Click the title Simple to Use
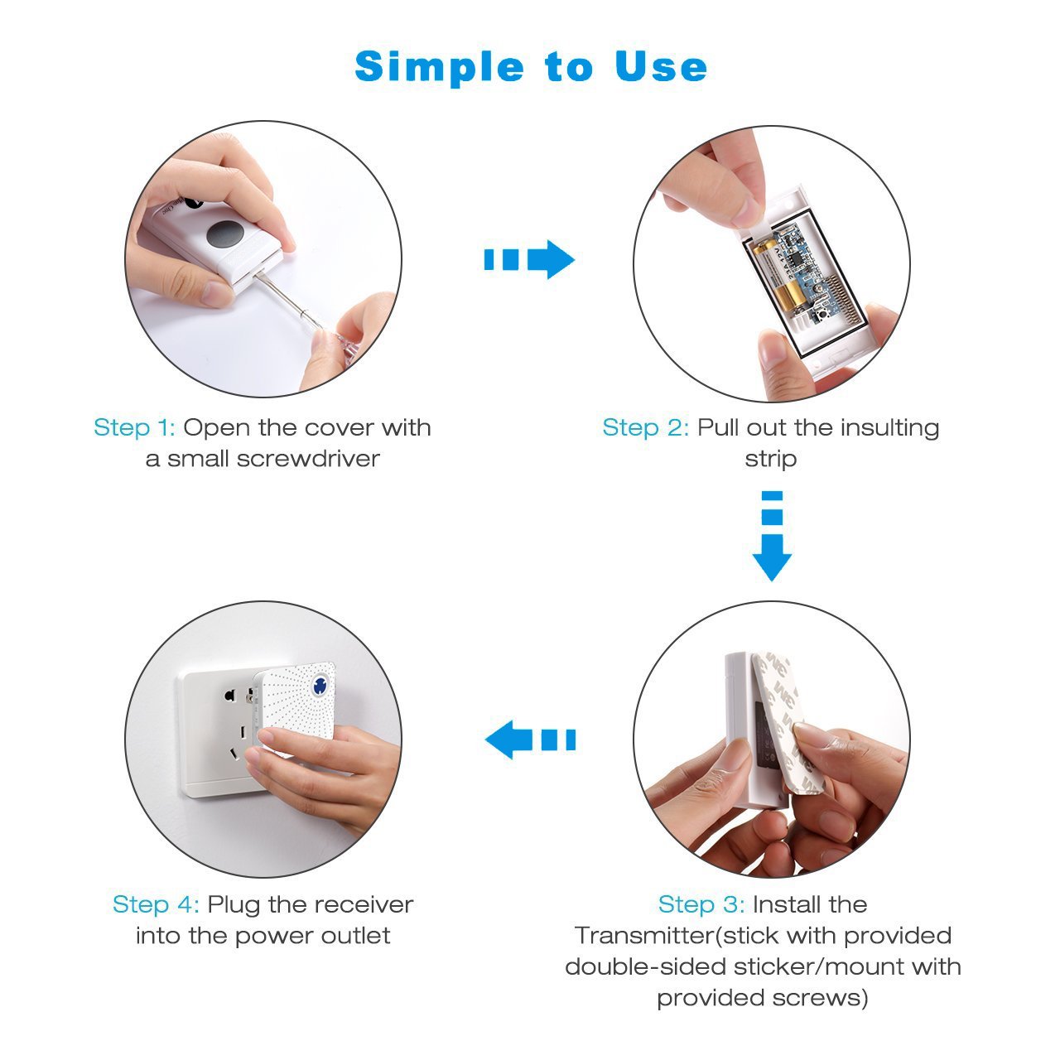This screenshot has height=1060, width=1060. coord(530,66)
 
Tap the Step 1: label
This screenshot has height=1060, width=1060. coord(134,428)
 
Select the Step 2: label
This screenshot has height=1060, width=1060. coord(645,428)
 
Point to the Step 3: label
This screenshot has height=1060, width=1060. coord(701,904)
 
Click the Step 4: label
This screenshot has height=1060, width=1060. coord(156,904)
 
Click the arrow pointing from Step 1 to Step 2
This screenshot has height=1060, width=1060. coord(529,260)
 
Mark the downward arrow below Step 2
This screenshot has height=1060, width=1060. coord(772,537)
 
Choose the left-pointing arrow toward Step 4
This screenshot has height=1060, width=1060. coord(529,740)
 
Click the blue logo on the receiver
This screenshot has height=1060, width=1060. coord(319,686)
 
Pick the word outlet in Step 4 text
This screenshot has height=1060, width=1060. coord(354,936)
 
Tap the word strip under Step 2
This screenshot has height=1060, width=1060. coord(770,459)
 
